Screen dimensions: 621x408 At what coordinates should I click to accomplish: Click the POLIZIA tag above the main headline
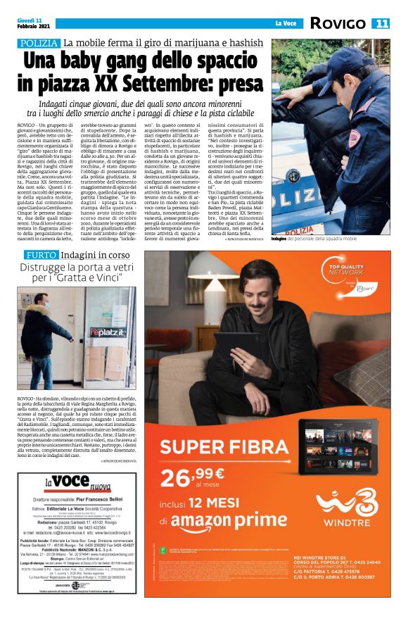tap(39, 44)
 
